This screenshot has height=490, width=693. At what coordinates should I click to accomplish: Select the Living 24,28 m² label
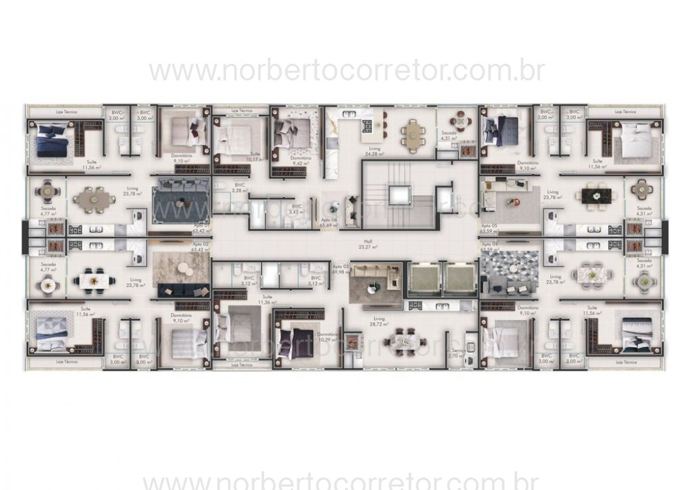coord(375,150)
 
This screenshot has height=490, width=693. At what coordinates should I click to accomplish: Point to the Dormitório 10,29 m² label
coord(328,338)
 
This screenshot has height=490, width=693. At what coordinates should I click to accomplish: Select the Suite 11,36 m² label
coord(263,301)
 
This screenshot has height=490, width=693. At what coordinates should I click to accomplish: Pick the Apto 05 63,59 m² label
coord(489,228)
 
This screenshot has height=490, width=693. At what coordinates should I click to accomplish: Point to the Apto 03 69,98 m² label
coord(339,269)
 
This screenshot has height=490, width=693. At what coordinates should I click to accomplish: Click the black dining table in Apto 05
coord(595,197)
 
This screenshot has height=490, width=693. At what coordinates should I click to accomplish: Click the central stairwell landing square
coord(401,196)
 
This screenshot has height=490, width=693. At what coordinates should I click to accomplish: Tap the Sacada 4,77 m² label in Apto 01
coord(47,211)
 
